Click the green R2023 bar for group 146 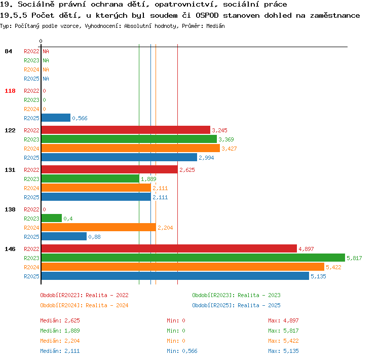click(x=193, y=258)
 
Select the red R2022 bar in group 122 click(x=126, y=130)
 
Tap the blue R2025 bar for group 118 click(x=56, y=118)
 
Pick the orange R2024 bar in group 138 click(x=99, y=227)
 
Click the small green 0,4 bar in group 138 click(x=52, y=218)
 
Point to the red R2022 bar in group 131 click(x=109, y=169)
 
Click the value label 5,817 click(x=354, y=258)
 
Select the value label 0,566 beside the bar click(x=80, y=118)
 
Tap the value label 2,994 click(x=206, y=158)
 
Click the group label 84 click(x=8, y=51)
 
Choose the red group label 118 click(x=10, y=91)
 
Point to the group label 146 click(x=10, y=249)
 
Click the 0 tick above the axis click(x=41, y=41)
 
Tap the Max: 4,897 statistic click(x=283, y=320)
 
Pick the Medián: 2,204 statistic click(x=60, y=341)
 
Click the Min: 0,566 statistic click(x=182, y=351)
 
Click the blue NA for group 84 click(x=46, y=79)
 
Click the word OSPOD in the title click(x=207, y=15)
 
